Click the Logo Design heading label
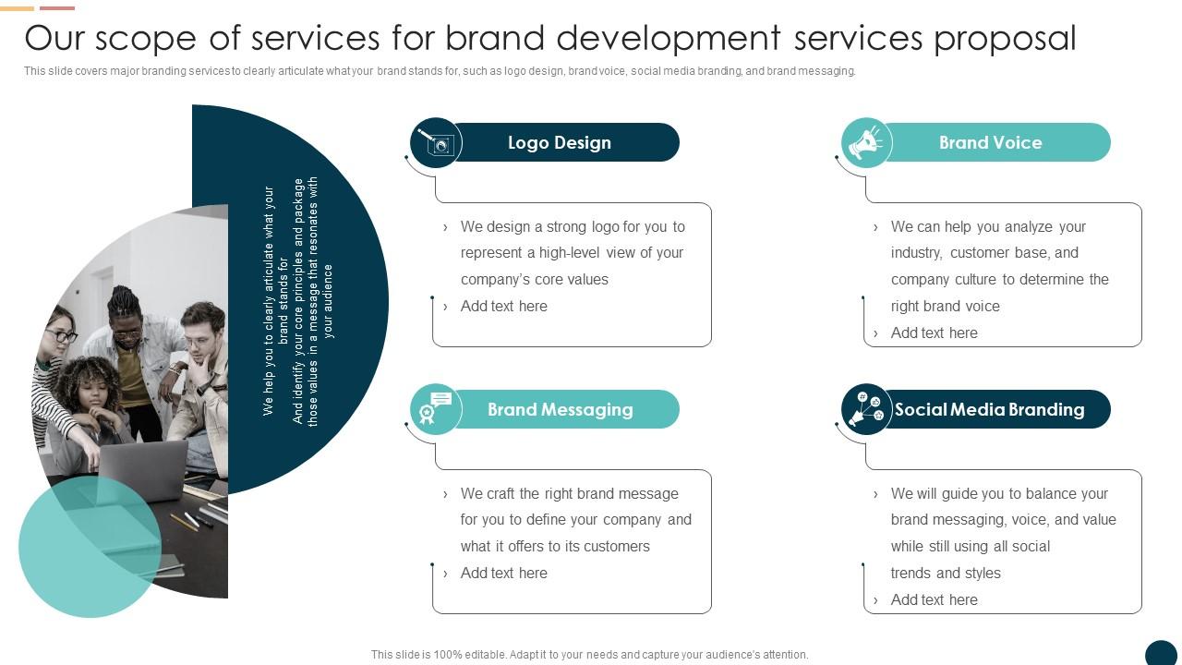tap(560, 143)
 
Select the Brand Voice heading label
tap(990, 143)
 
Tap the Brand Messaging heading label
tap(560, 410)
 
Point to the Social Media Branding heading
tap(989, 410)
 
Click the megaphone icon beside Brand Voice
tap(866, 143)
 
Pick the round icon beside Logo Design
tap(436, 143)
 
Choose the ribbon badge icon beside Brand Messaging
tap(435, 409)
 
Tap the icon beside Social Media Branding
tap(866, 409)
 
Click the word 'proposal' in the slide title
tap(1005, 39)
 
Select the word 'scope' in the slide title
tap(146, 39)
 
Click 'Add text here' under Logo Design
tap(504, 307)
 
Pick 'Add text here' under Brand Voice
tap(935, 333)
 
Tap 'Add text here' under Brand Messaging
tap(504, 574)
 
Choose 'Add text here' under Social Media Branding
tap(935, 600)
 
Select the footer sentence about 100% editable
tap(590, 655)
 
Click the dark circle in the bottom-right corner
tap(1162, 654)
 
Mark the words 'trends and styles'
tap(946, 574)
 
